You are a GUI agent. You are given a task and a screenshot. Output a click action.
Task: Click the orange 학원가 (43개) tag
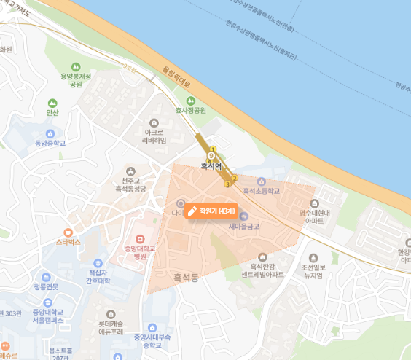point(209,211)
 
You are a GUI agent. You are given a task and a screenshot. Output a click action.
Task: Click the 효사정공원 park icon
point(190,101)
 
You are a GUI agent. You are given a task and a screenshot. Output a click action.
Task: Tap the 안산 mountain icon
point(52,103)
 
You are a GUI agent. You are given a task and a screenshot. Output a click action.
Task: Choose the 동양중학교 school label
point(50,143)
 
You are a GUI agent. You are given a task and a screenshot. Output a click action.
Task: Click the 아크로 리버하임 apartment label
point(154,137)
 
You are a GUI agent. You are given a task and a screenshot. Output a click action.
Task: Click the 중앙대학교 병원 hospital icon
point(141,238)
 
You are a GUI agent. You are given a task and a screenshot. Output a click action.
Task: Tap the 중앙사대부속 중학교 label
point(152,341)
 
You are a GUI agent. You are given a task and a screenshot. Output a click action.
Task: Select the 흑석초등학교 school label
point(262,190)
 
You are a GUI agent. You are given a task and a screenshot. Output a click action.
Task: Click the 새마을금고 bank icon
point(243,216)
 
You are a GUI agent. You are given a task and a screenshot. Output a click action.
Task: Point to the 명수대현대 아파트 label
point(316,215)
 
